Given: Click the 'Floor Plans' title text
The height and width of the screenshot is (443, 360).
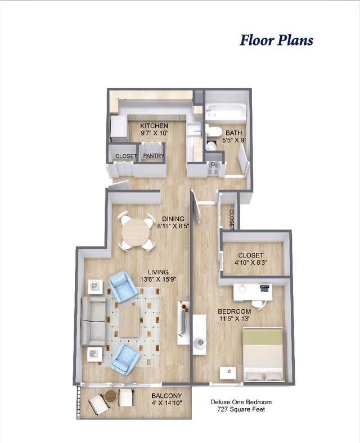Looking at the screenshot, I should [276, 40].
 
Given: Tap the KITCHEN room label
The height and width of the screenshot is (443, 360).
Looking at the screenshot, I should [154, 126].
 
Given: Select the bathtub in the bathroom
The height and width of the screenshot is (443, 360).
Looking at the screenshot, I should [226, 112].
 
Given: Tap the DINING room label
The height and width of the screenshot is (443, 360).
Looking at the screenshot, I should [174, 219].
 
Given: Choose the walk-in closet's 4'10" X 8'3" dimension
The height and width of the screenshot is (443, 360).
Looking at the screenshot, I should [250, 263].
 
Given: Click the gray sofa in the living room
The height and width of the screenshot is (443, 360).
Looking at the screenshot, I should [93, 320].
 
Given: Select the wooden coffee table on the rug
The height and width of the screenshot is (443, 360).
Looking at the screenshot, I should [130, 320].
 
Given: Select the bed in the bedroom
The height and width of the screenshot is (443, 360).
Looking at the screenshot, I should [263, 354].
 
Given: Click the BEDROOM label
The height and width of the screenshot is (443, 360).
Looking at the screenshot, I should [234, 311].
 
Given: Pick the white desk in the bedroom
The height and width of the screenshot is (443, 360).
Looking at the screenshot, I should [253, 292].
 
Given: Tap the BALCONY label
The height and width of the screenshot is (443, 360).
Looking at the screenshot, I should [166, 395].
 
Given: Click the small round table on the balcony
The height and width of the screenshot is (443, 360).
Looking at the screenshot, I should [111, 396].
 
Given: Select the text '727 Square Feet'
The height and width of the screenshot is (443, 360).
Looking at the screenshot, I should [241, 410].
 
